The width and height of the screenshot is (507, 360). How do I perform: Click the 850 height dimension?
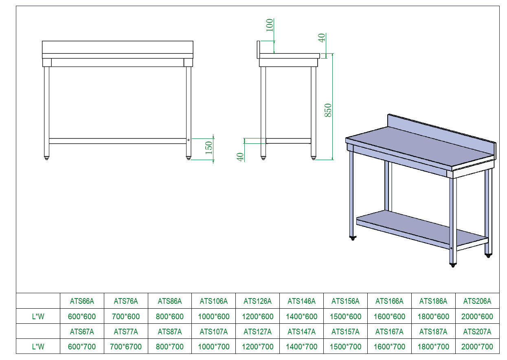coord(328,110)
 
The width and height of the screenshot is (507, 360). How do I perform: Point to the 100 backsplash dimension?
coord(269,25)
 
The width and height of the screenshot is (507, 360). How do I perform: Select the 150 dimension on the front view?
coord(209,147)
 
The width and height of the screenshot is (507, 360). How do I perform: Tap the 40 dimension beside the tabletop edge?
coord(321,38)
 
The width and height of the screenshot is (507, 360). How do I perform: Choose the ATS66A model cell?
coord(82,301)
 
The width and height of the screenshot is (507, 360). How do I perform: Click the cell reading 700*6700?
coord(126,347)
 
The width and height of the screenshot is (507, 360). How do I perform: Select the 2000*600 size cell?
coord(477,316)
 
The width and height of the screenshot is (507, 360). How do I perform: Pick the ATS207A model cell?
coord(477,331)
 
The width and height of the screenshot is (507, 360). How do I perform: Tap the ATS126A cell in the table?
coord(257,301)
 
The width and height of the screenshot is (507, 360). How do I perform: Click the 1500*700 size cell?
coord(345,347)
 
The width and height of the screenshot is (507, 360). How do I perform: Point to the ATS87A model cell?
coord(169,331)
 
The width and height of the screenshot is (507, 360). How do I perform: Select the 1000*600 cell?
coord(213,316)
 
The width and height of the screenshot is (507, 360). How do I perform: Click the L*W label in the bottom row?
coord(38,347)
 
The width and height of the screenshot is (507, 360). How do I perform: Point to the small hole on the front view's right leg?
coord(189,140)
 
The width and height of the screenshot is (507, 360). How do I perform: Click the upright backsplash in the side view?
coord(258,49)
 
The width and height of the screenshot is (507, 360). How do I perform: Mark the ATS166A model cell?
coord(389,301)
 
